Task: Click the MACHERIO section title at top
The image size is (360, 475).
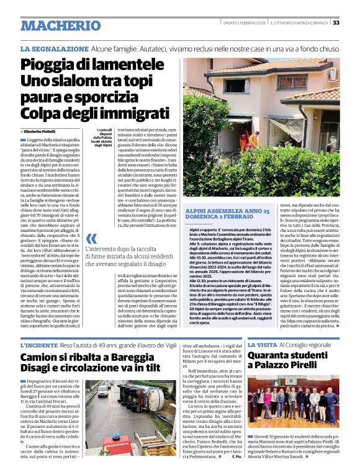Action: [60, 25]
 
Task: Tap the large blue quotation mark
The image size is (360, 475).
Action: [91, 239]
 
